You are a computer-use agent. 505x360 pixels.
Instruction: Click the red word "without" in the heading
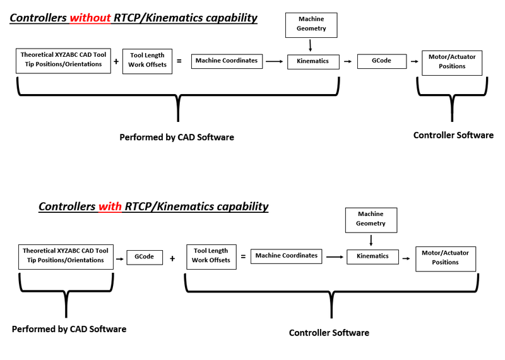[90, 18]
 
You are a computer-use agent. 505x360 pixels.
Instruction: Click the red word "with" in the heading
[110, 207]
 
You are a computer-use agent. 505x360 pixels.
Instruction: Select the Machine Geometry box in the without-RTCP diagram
[312, 24]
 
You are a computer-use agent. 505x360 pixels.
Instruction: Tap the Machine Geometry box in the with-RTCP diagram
[371, 219]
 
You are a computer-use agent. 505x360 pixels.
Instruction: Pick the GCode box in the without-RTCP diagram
[381, 61]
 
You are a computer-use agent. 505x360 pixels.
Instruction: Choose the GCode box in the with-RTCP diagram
[145, 257]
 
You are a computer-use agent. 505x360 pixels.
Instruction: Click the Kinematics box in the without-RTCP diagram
[313, 61]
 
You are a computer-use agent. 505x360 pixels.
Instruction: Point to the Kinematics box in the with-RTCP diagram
[372, 256]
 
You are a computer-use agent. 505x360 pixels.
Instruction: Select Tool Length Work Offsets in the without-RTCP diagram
[148, 61]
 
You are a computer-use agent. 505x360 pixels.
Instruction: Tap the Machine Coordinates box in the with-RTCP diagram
[286, 256]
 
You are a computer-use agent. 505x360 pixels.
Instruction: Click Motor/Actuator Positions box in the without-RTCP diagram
[452, 62]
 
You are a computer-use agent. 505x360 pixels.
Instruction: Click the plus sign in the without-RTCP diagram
[116, 61]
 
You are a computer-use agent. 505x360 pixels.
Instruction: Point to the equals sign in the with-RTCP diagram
[243, 256]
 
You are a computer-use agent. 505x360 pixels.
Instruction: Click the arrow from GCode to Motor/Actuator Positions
[414, 61]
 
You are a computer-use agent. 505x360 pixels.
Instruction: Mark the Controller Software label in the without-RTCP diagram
[453, 135]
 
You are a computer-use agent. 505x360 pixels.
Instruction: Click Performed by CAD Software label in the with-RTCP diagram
[69, 329]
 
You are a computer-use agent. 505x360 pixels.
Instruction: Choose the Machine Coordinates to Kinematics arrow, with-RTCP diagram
[335, 256]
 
